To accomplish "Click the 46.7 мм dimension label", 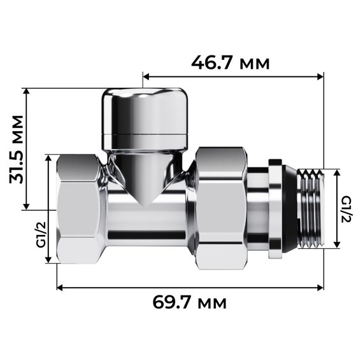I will point(231,63).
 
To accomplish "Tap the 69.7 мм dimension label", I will point(189,302).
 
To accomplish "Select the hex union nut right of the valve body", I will point(220,207).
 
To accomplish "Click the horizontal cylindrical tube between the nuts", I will point(148,223).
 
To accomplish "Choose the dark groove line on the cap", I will point(145,135).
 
